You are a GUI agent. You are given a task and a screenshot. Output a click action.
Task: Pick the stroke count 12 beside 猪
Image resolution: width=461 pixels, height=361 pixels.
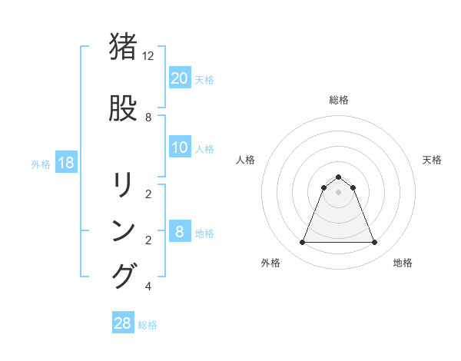(x=148, y=56)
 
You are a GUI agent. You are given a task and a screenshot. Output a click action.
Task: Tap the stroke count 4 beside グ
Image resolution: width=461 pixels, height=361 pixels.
(x=148, y=286)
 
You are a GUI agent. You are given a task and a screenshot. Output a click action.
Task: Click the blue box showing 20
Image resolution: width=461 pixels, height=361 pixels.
(x=180, y=78)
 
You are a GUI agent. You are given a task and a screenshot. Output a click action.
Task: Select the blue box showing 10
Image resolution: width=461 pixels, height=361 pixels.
(x=180, y=148)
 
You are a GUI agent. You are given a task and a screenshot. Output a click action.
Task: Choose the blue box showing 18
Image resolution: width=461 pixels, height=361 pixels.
(x=65, y=164)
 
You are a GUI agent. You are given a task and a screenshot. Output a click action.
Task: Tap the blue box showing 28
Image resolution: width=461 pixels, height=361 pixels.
(x=123, y=323)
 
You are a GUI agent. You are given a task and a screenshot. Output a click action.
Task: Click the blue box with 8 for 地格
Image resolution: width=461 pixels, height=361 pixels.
(x=180, y=233)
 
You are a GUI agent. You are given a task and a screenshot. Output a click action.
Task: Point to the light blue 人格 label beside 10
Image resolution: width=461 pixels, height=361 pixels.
(x=204, y=149)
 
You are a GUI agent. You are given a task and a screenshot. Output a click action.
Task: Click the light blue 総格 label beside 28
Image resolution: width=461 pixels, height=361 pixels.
(x=148, y=325)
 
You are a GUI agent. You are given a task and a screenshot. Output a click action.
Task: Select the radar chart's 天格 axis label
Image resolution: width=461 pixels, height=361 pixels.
(x=433, y=160)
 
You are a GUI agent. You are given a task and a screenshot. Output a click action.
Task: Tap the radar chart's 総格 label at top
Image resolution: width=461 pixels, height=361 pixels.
(x=339, y=100)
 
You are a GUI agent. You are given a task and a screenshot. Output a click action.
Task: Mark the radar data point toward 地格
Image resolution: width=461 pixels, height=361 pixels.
(x=375, y=243)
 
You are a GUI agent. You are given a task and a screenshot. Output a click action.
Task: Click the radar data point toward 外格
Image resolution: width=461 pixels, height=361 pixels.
(x=302, y=243)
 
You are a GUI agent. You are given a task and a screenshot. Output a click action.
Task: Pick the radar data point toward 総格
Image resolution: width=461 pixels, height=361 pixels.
(x=338, y=177)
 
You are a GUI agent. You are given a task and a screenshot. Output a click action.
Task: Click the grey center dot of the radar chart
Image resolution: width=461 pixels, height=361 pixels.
(x=338, y=192)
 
